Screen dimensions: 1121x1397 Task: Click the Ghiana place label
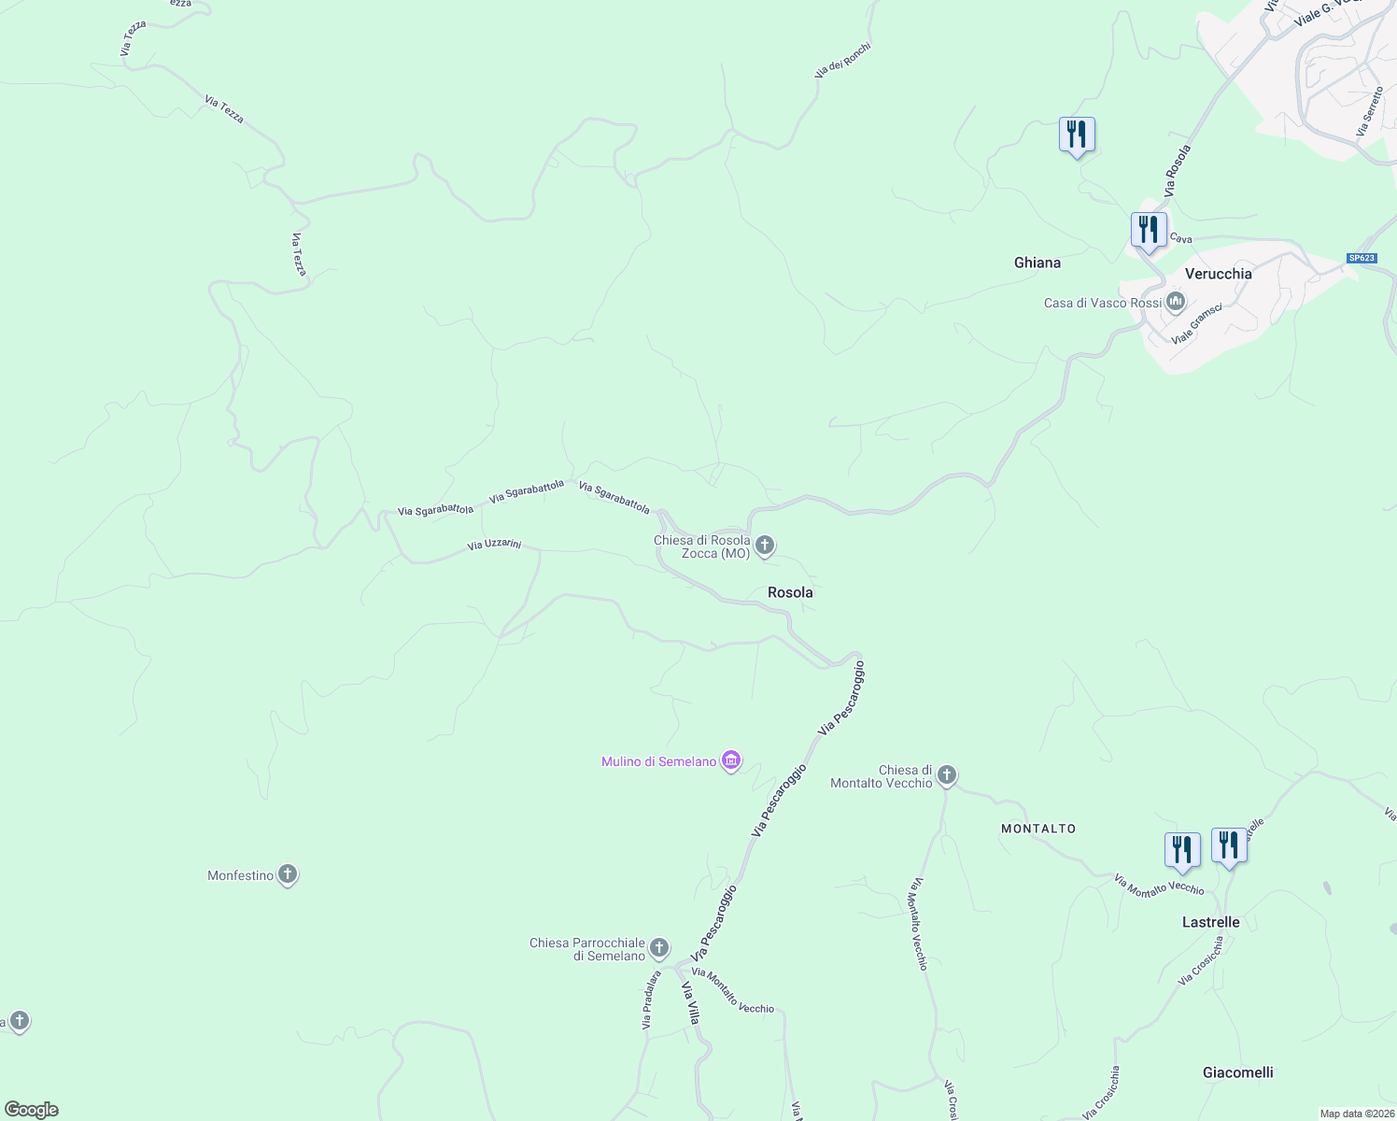[x=1037, y=263]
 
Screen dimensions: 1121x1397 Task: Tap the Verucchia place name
[x=1218, y=274]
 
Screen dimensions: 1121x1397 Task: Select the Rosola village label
[x=790, y=592]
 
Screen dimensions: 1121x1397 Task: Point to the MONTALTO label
[x=1038, y=829]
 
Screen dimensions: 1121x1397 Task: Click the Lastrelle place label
[x=1210, y=922]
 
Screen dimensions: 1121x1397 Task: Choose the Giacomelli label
[x=1237, y=1072]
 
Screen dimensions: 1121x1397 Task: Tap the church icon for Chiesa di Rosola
[x=765, y=546]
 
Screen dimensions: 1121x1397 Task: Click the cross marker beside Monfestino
[x=288, y=875]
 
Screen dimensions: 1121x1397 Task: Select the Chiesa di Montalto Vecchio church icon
[x=947, y=775]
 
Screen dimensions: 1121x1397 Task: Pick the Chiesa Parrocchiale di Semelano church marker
[x=659, y=949]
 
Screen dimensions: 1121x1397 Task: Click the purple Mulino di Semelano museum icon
[x=732, y=761]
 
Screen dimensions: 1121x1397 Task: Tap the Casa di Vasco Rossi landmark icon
[x=1176, y=302]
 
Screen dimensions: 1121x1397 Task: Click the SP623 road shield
[x=1362, y=258]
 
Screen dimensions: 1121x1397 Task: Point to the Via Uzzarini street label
[x=494, y=545]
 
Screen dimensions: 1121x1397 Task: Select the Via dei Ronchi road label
[x=842, y=59]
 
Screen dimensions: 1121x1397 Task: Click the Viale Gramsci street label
[x=1197, y=323]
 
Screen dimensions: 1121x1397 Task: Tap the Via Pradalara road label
[x=651, y=1000]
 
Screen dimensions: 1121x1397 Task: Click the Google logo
[x=31, y=1110]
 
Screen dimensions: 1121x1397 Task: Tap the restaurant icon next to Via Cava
[x=1149, y=230]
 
